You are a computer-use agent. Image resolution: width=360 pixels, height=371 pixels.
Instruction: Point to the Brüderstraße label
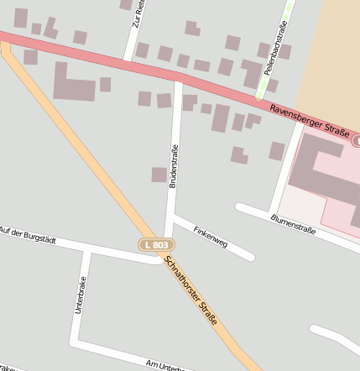click(x=174, y=165)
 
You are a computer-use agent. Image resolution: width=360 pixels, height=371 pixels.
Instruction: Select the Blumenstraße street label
click(x=293, y=223)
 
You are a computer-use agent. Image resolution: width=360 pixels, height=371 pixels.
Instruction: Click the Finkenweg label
click(x=211, y=236)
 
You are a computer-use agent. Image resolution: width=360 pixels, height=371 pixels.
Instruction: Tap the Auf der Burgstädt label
click(x=29, y=234)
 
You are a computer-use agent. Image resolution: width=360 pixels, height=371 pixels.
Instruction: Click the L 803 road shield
click(x=156, y=243)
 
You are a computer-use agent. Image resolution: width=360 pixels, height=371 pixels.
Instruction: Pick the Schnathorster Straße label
click(x=191, y=290)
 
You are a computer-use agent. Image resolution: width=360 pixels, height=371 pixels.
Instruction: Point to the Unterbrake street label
click(x=81, y=295)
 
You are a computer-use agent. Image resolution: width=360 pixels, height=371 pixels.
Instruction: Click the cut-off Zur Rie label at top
click(x=138, y=14)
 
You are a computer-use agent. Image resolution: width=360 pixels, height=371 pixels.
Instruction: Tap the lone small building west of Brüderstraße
click(x=159, y=175)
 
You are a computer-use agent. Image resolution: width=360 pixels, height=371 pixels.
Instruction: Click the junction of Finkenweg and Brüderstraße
click(x=173, y=217)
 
